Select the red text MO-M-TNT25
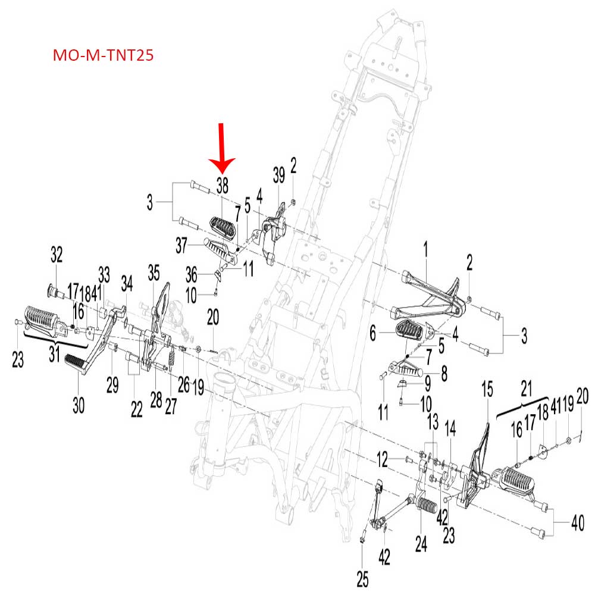[x=104, y=56]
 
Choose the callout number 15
[x=487, y=390]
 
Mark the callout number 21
[x=525, y=389]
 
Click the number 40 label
[x=577, y=524]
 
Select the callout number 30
[x=79, y=405]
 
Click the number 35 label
[x=154, y=273]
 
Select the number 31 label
[x=54, y=356]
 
